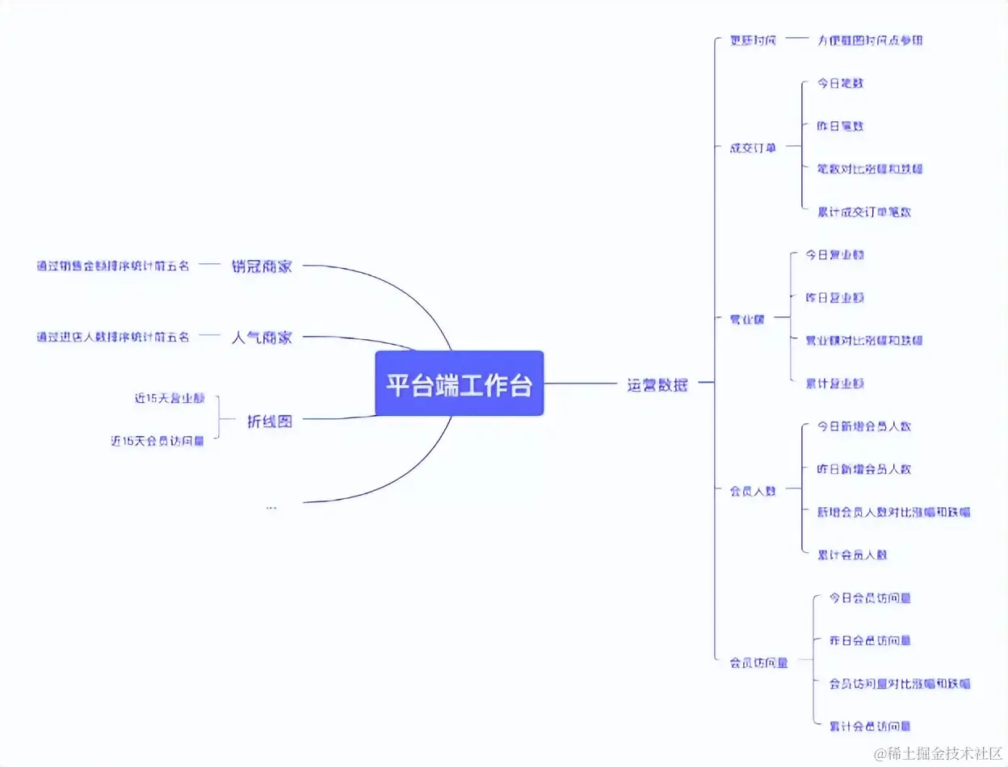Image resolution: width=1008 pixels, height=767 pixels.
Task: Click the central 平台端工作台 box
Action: pos(459,383)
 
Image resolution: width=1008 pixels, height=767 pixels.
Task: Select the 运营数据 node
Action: pos(657,384)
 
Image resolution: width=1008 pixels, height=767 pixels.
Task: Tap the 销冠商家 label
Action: pos(261,266)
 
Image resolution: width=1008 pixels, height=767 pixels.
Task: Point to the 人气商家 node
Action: pos(261,337)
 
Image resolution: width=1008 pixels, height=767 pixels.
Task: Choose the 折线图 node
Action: pos(269,421)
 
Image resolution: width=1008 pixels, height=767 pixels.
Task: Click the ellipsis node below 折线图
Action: pos(271,506)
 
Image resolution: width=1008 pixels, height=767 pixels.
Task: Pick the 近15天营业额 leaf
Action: pos(170,398)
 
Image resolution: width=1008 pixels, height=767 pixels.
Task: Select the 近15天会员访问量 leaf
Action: pos(157,441)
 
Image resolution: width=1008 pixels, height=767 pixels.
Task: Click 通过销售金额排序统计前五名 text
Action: pos(113,266)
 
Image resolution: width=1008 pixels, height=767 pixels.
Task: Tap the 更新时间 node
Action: pos(752,40)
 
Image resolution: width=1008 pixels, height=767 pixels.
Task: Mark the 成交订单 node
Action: pos(752,148)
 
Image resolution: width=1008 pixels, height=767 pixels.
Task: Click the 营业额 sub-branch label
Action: pos(746,319)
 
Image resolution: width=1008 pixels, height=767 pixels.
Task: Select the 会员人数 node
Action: pos(752,490)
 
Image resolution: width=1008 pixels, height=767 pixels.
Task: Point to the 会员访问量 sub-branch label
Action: pos(758,662)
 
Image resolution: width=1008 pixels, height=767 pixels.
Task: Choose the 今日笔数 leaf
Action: pos(841,82)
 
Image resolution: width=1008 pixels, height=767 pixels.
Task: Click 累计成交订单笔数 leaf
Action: pos(864,212)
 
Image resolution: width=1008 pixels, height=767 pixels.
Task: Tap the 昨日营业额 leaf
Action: pos(834,297)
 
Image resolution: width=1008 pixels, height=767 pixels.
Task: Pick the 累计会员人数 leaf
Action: pos(852,555)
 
